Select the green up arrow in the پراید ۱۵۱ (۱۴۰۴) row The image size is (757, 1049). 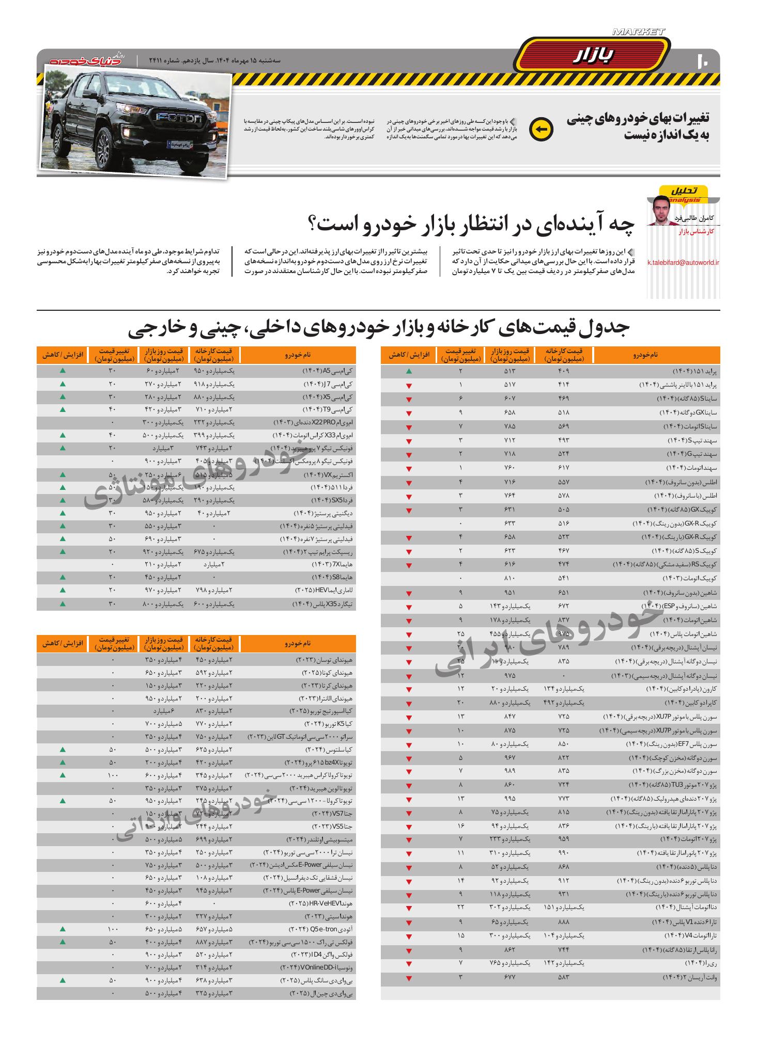[x=409, y=371]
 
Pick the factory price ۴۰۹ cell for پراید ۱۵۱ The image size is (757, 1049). [x=563, y=371]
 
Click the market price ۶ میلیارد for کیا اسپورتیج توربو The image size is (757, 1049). [x=162, y=711]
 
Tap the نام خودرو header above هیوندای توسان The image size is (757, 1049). [x=298, y=644]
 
